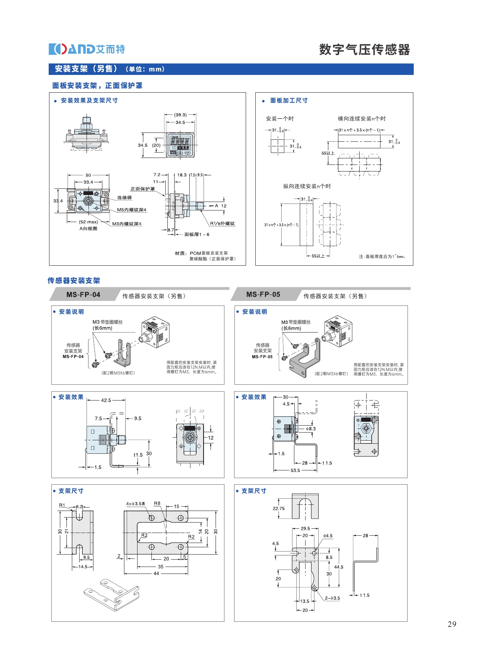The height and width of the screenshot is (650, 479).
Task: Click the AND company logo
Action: click(87, 49)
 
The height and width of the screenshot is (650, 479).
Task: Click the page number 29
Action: click(452, 624)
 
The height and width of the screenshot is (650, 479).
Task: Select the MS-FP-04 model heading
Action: click(83, 295)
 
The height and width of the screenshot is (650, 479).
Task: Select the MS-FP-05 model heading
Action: click(263, 294)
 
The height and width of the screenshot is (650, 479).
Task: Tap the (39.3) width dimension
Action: click(180, 115)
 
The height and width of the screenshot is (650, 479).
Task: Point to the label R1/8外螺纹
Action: click(222, 223)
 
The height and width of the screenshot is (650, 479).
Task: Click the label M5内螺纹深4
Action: click(132, 210)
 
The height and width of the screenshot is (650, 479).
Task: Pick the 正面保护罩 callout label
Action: click(142, 189)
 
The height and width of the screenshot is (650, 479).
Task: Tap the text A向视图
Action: click(88, 229)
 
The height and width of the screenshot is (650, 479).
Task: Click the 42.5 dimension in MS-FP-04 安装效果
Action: click(106, 400)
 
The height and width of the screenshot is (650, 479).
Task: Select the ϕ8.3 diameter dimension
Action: click(311, 429)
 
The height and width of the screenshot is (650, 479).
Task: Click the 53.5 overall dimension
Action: click(295, 470)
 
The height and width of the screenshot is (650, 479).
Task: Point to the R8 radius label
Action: click(157, 503)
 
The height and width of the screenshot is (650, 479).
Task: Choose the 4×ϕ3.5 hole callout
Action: click(135, 504)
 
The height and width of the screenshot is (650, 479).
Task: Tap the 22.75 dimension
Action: click(279, 508)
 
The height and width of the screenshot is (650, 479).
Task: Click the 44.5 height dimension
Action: click(338, 567)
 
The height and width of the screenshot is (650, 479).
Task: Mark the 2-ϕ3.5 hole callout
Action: click(332, 598)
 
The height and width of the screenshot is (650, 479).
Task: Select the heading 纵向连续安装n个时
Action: click(307, 186)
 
